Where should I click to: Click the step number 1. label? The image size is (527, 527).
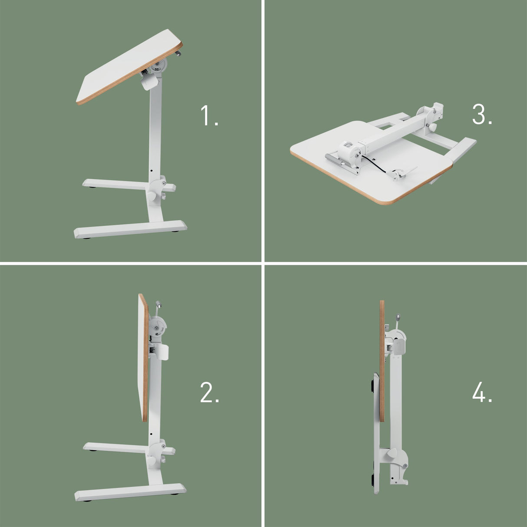coord(209,116)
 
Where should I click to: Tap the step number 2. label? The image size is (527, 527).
coord(209,393)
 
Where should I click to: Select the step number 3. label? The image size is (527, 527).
coord(482,115)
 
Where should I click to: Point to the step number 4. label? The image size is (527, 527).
coord(482,394)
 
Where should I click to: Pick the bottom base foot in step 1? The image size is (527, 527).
coord(130,229)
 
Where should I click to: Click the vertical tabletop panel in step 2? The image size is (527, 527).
coord(143,356)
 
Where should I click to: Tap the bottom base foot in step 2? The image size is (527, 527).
coord(130,491)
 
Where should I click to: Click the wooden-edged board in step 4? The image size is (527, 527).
coord(382,360)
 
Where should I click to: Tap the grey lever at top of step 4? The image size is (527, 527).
coord(397,319)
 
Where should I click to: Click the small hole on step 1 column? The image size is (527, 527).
coord(152,170)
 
